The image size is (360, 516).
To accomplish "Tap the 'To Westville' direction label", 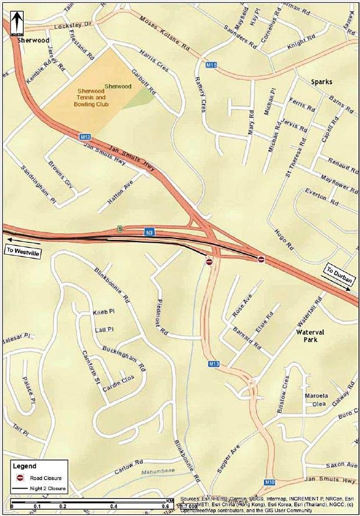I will point(22,250).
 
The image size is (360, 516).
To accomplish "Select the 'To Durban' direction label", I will point(339,275).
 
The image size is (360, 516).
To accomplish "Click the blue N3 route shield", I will point(149,232).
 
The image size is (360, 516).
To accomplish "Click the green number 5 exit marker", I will point(119,228).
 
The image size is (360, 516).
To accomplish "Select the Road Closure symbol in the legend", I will point(19,478).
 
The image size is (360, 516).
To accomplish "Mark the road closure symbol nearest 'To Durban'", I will point(261,259).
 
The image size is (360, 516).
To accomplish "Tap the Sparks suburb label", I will point(321,82).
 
